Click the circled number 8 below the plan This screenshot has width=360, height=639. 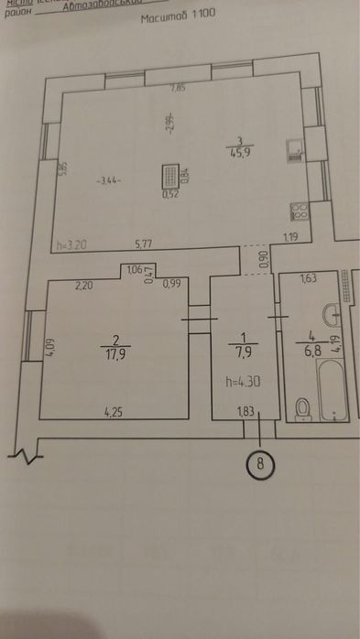pyautogui.click(x=261, y=463)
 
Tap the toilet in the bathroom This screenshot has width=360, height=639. pyautogui.click(x=305, y=406)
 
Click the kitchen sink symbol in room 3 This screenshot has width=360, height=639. pyautogui.click(x=294, y=151)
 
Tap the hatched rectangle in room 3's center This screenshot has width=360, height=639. pyautogui.click(x=170, y=176)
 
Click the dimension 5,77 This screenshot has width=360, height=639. pyautogui.click(x=144, y=244)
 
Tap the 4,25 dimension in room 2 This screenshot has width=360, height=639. pyautogui.click(x=114, y=412)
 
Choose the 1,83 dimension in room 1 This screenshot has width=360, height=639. pyautogui.click(x=245, y=412)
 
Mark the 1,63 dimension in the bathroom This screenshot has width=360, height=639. pyautogui.click(x=308, y=279)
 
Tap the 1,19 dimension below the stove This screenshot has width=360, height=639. pyautogui.click(x=290, y=238)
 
